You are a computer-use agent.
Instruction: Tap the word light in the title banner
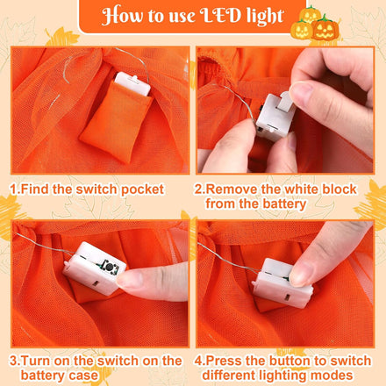[x=265, y=17]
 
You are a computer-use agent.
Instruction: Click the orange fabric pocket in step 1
[x=116, y=120]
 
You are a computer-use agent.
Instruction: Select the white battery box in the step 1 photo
[x=132, y=83]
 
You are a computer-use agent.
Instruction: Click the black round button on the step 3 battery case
[x=109, y=267]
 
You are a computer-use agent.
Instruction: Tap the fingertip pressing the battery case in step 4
[x=300, y=275]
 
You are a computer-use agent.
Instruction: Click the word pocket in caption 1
[x=142, y=189]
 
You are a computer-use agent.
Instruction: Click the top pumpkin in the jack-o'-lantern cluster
[x=310, y=14]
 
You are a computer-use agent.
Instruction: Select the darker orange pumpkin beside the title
[x=325, y=29]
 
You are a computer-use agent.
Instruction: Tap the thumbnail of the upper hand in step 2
[x=302, y=92]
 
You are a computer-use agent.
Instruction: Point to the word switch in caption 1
[x=97, y=189]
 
